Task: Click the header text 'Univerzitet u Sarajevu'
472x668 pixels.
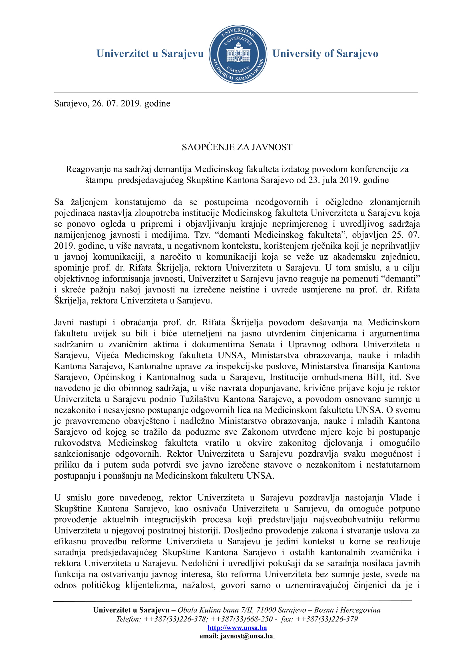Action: click(x=150, y=53)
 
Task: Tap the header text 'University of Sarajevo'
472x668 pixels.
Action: click(x=325, y=53)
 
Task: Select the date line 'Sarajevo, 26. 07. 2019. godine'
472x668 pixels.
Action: click(x=112, y=104)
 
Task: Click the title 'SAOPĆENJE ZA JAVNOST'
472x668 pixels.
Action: click(x=237, y=147)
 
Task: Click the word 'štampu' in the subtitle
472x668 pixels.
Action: click(x=99, y=180)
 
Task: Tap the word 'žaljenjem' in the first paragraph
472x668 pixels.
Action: click(x=89, y=202)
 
